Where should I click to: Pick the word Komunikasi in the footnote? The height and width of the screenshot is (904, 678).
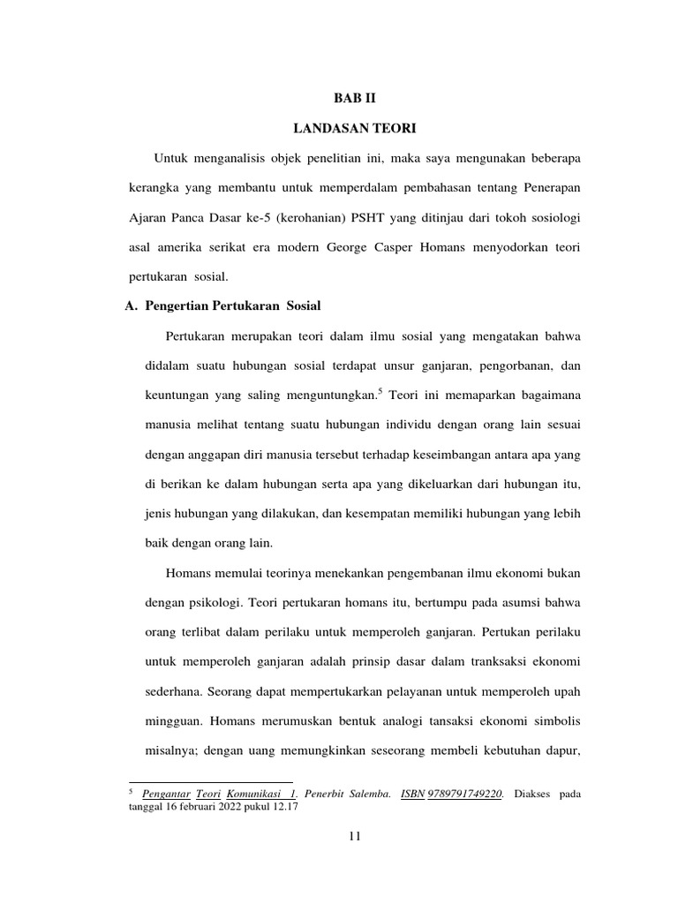[257, 795]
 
